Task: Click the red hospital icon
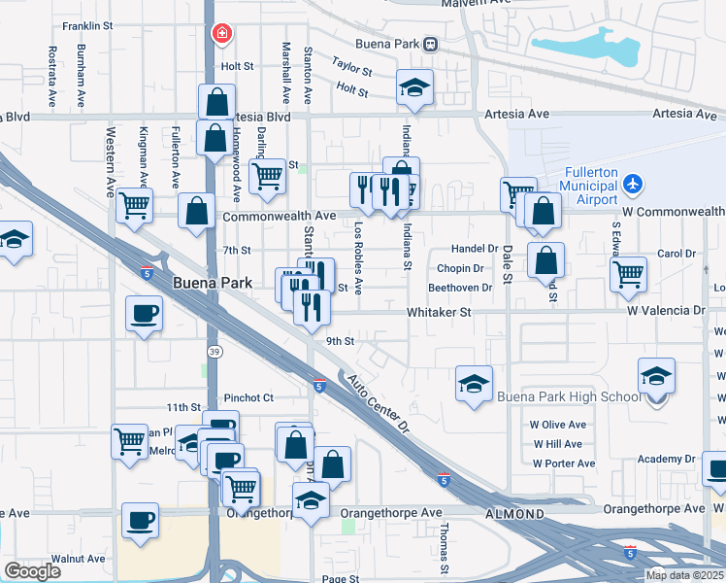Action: [222, 34]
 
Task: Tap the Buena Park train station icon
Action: [430, 44]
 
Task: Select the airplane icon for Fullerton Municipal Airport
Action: [633, 183]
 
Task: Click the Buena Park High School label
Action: [569, 396]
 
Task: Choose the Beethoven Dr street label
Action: [460, 288]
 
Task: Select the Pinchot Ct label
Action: [249, 397]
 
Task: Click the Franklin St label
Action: [90, 26]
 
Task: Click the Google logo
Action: [32, 571]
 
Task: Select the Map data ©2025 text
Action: [684, 575]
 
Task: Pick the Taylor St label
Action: [350, 66]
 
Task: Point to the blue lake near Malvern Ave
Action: [583, 48]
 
